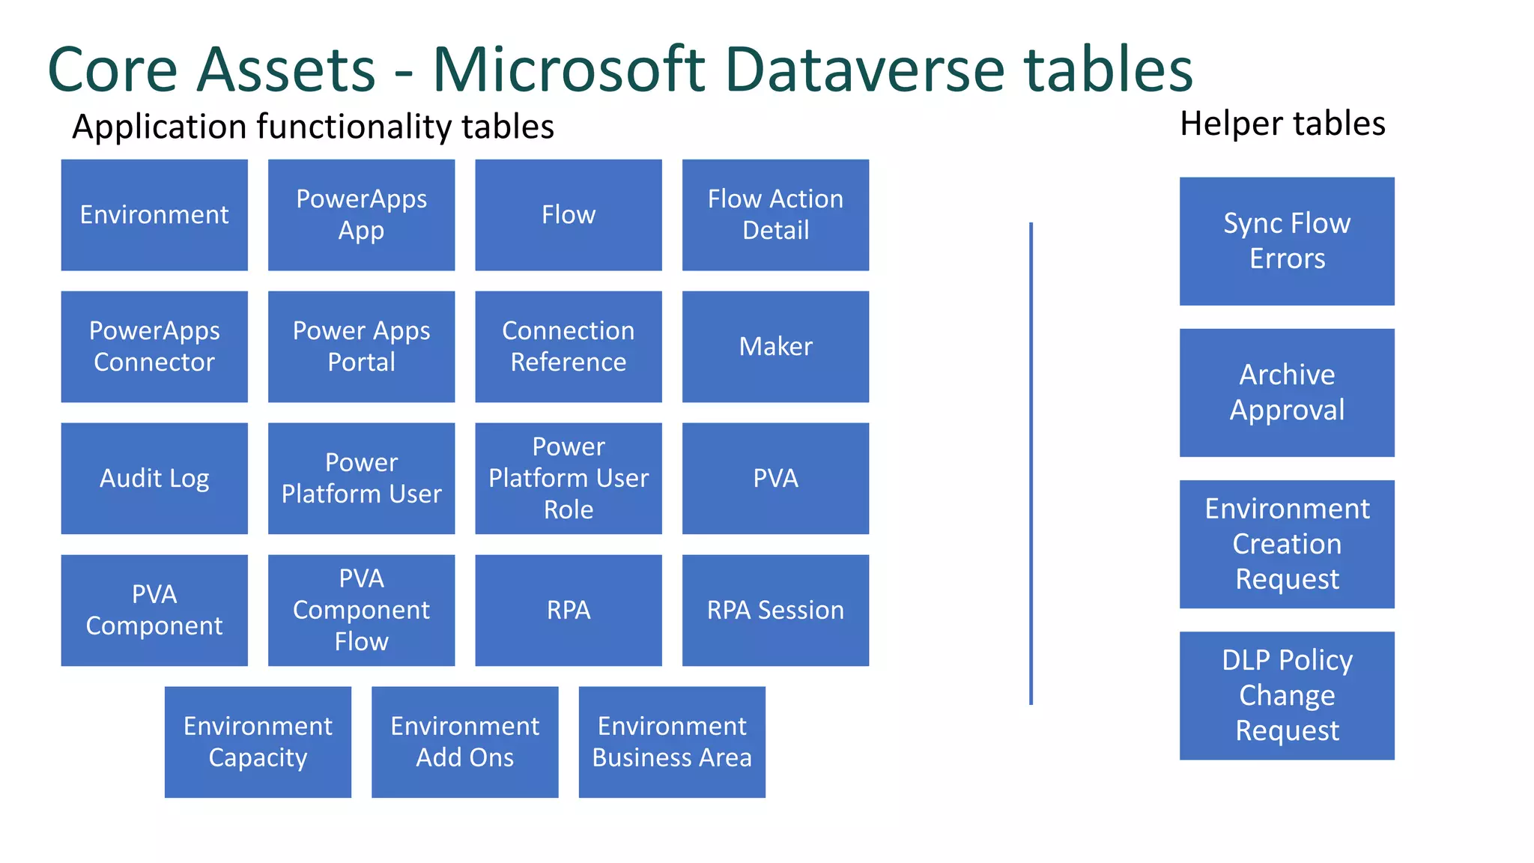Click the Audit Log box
154,478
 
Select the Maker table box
775,346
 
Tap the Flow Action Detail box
775,214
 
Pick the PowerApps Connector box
154,346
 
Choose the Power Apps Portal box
361,346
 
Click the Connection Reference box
569,346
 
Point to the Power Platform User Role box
569,478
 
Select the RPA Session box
775,610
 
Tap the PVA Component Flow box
361,610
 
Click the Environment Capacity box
258,742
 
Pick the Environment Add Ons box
465,742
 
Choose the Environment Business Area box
672,742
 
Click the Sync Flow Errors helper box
1287,240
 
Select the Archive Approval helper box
1287,393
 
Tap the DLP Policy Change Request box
1287,695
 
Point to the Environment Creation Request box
1287,544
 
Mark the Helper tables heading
1282,124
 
